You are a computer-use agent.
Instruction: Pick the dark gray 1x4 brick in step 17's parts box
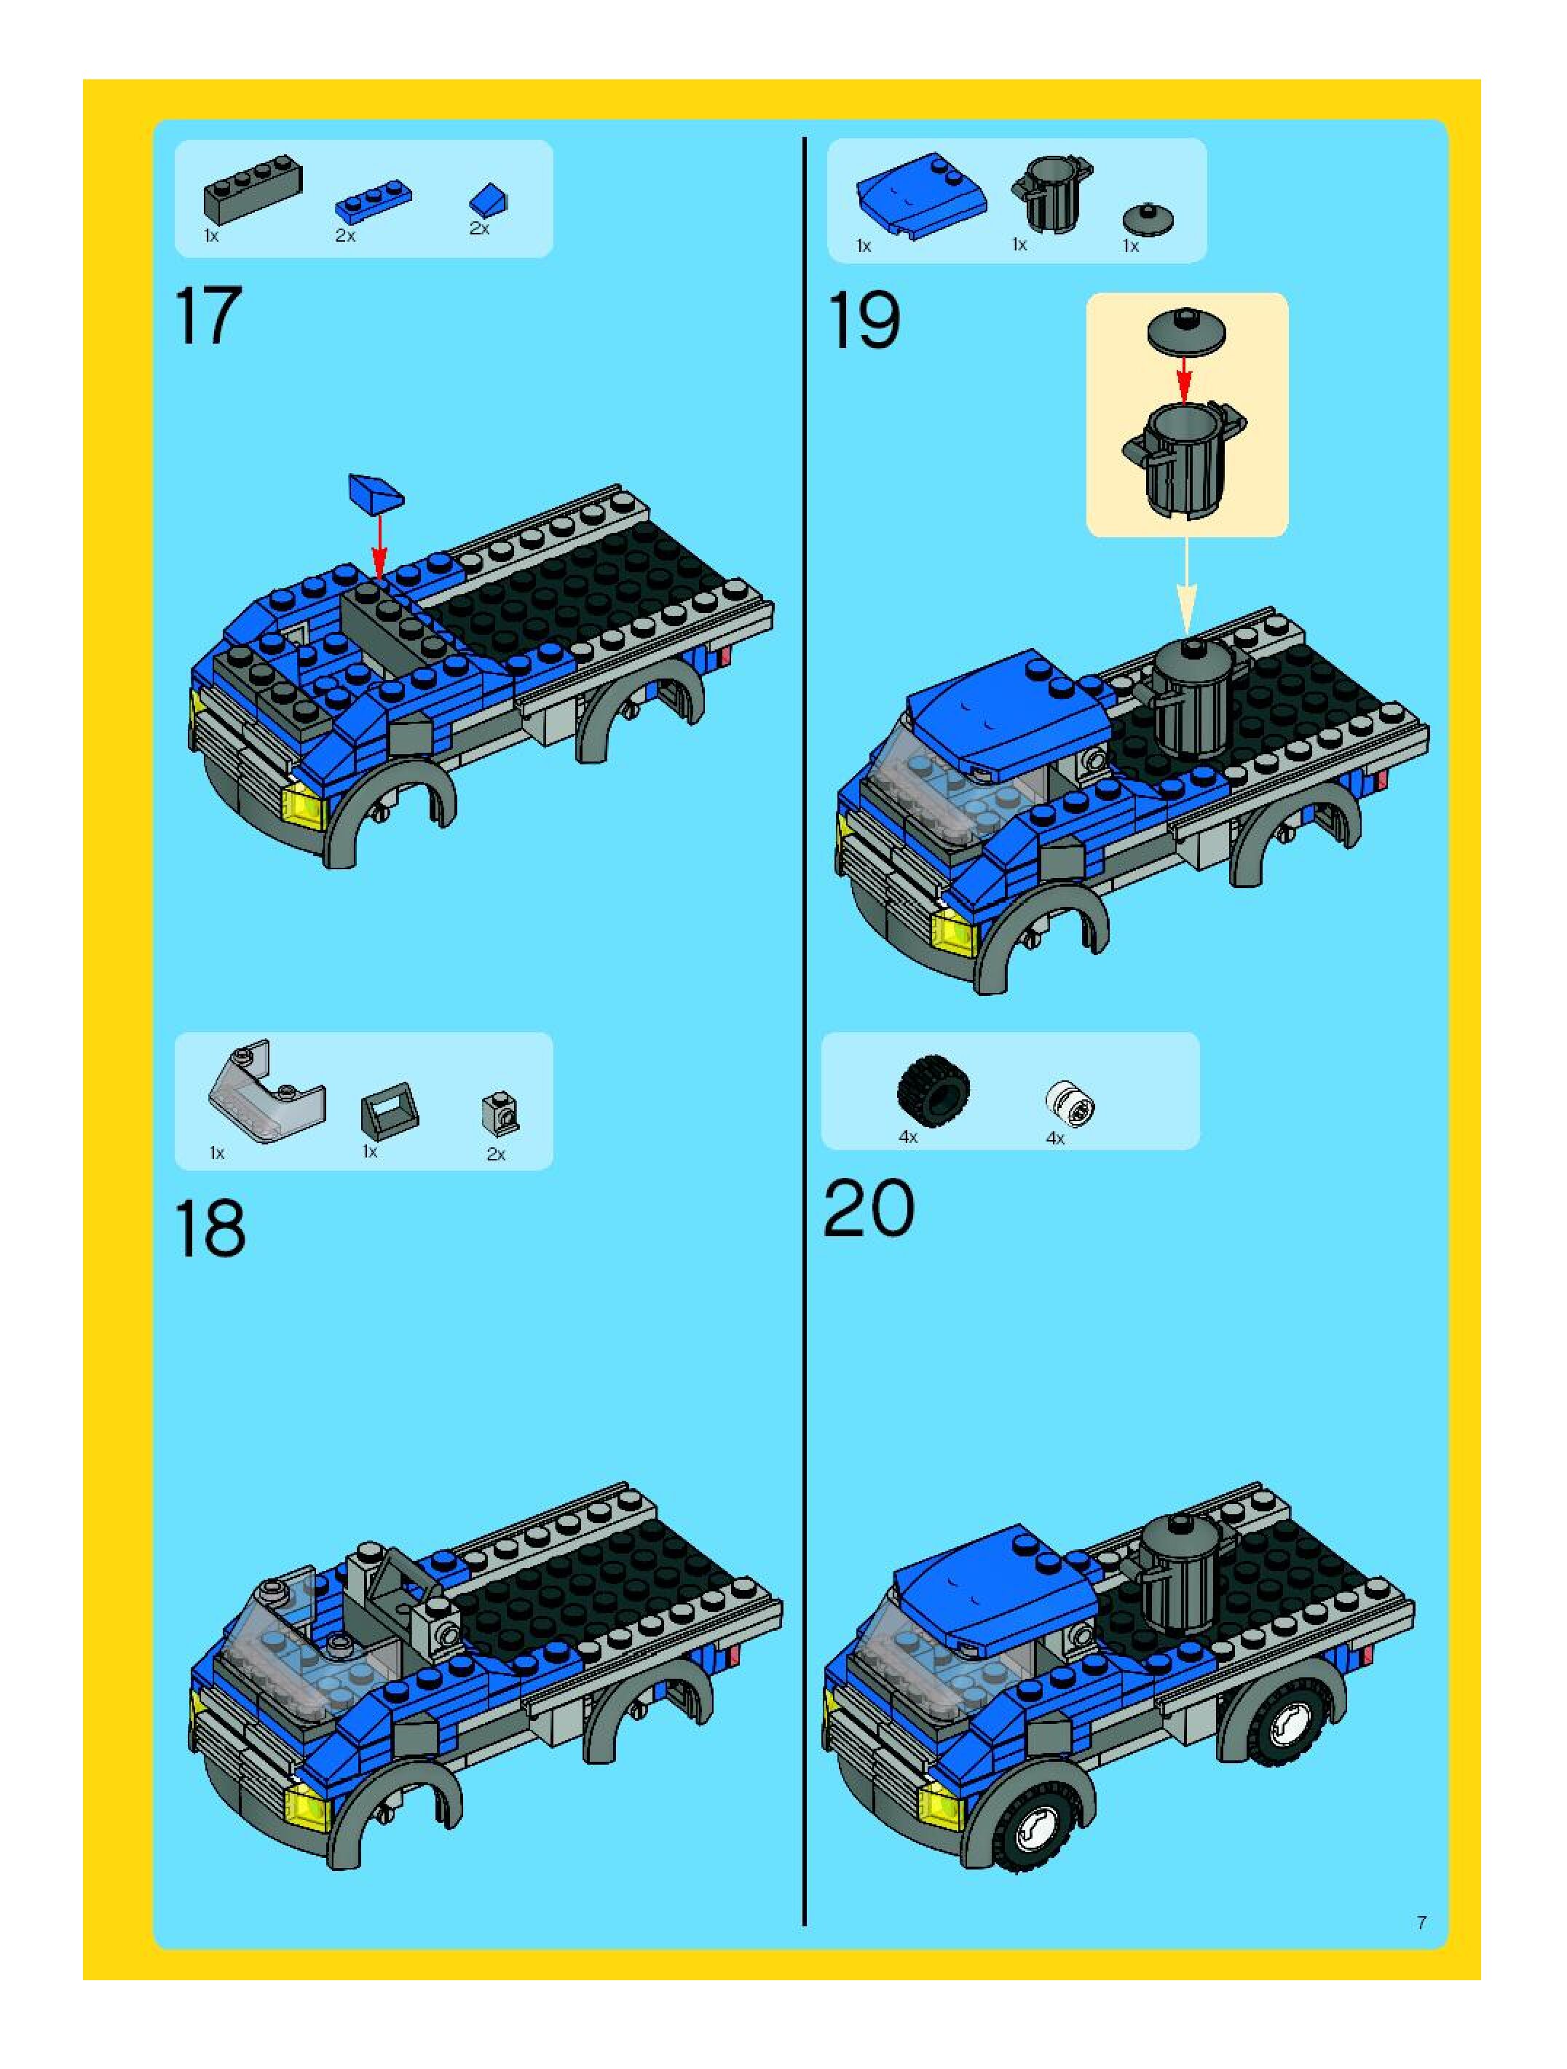coord(253,189)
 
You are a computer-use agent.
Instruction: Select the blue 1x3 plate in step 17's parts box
coord(374,201)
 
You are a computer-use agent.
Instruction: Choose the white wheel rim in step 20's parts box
coord(1069,1104)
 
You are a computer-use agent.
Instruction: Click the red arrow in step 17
coord(379,545)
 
